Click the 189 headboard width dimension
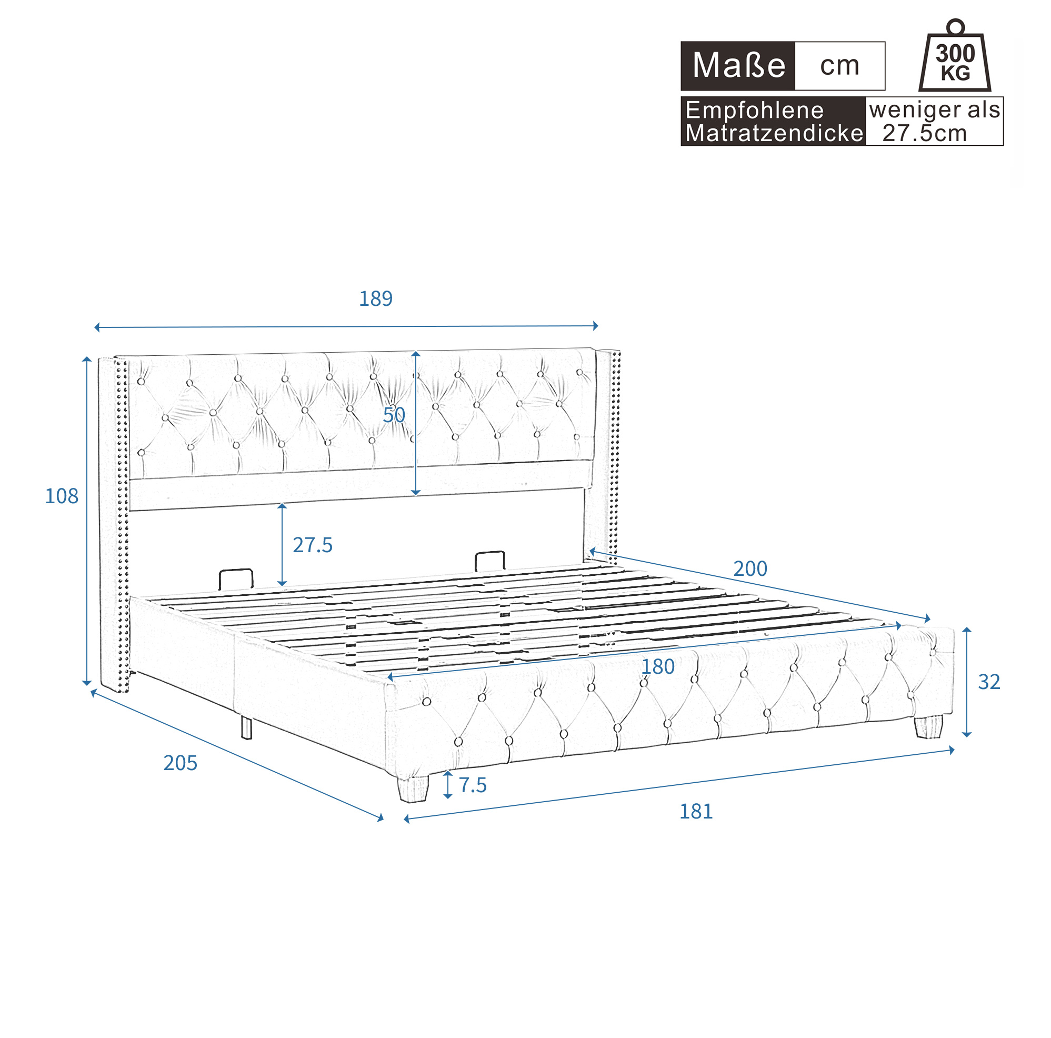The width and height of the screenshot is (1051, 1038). click(x=375, y=298)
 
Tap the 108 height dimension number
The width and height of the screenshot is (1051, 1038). click(x=62, y=496)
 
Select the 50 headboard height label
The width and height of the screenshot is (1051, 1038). click(x=394, y=415)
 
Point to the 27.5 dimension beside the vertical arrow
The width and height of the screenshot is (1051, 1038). click(x=312, y=545)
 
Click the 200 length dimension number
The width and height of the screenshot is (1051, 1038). click(x=750, y=569)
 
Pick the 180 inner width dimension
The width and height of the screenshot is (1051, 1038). click(x=658, y=667)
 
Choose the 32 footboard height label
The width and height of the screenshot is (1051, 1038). click(x=989, y=682)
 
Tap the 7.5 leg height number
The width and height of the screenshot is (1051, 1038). click(x=473, y=785)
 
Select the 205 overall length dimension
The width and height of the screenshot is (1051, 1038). click(x=180, y=763)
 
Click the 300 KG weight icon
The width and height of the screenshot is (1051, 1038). click(x=955, y=56)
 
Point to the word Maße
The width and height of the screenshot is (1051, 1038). click(x=739, y=66)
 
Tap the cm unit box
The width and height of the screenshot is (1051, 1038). click(x=839, y=66)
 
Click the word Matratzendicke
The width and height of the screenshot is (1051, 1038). click(x=774, y=133)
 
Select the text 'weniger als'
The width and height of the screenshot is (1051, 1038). click(x=935, y=110)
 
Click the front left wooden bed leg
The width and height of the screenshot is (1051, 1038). click(x=413, y=789)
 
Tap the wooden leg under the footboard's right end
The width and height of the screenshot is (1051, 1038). click(x=928, y=727)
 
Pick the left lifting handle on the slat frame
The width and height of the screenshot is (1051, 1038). click(x=236, y=579)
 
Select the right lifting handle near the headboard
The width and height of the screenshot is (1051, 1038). click(x=489, y=562)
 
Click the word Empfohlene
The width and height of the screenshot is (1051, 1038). click(x=755, y=111)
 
